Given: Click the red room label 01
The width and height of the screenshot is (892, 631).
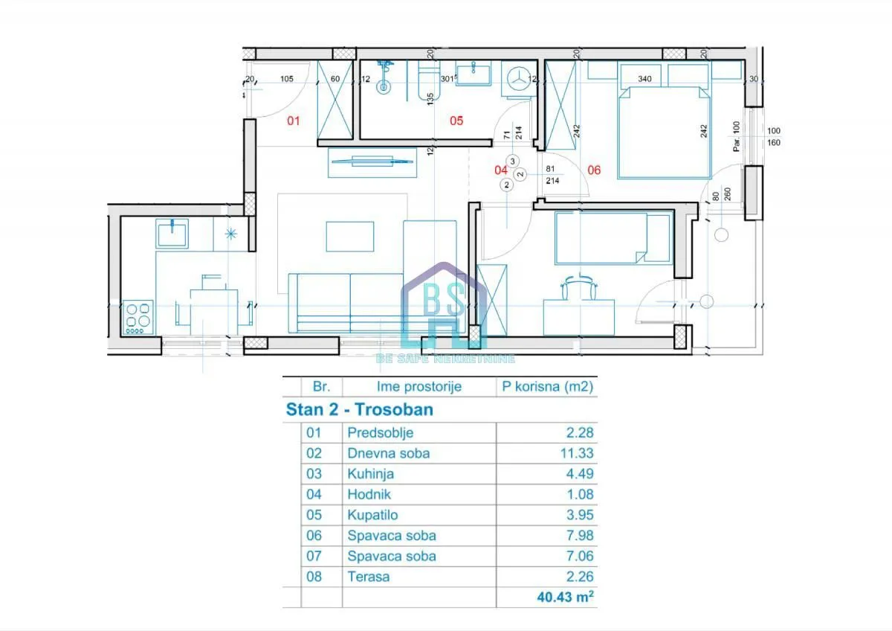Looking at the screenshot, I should (x=294, y=120).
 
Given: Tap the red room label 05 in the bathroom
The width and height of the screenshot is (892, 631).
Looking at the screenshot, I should (x=456, y=120).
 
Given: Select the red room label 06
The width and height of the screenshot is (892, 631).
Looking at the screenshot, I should (x=594, y=170).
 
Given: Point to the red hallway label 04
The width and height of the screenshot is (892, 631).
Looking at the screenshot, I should (x=501, y=170).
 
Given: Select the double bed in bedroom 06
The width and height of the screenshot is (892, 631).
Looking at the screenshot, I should (x=663, y=132).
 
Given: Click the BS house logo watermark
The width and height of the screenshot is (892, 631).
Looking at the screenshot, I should (x=444, y=307).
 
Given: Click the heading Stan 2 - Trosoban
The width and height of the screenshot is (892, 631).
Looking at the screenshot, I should (x=360, y=410).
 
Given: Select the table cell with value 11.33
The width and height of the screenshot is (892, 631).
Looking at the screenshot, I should (x=578, y=453).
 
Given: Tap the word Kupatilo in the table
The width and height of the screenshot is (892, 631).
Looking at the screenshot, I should (x=373, y=515).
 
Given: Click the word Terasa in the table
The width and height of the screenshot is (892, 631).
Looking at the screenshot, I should (x=368, y=577).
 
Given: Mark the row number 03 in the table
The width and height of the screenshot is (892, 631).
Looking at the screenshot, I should (x=314, y=474).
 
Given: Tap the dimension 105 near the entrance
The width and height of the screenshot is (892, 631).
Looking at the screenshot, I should (x=286, y=79).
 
